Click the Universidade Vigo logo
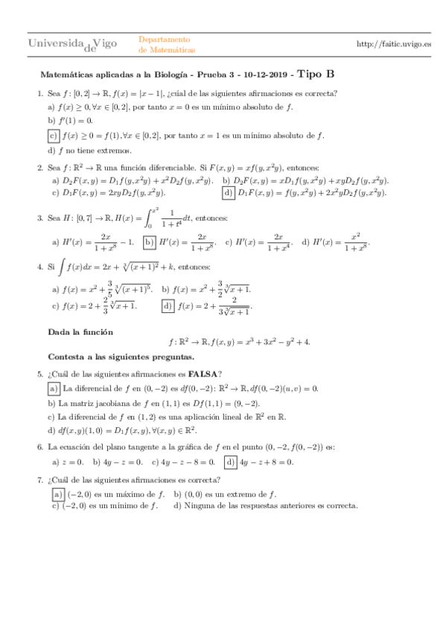click(72, 45)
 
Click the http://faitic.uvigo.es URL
click(394, 45)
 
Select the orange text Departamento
click(165, 39)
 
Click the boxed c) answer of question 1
click(53, 136)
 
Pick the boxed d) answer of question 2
click(229, 193)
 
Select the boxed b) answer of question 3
click(149, 242)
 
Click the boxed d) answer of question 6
click(231, 462)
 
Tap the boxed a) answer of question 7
click(57, 494)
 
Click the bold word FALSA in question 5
click(203, 374)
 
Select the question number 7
click(39, 479)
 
